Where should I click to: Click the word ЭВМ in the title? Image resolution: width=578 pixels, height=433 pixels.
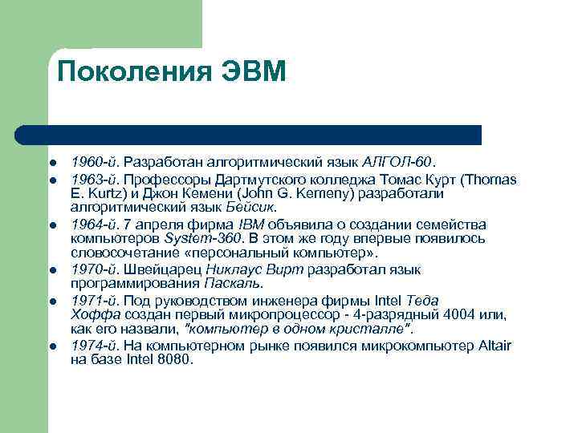point(252,73)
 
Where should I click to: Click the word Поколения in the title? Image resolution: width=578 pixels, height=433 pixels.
point(134,73)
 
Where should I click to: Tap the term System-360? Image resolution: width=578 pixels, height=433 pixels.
point(197,239)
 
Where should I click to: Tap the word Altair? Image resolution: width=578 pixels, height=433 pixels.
point(494,345)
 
